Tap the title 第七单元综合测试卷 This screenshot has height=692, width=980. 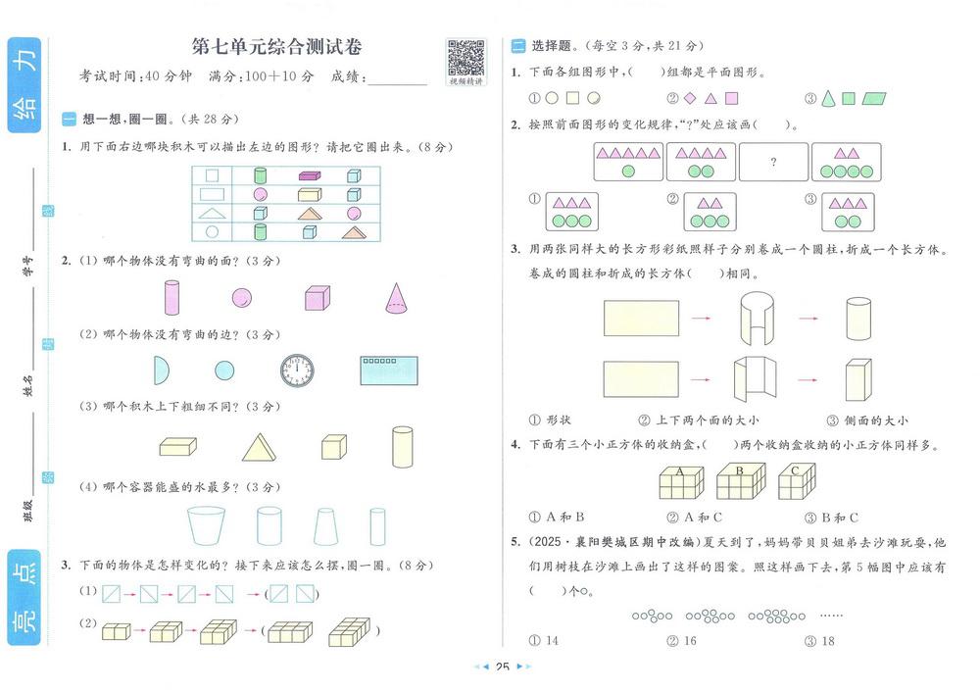point(277,46)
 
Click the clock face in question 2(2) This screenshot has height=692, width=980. point(297,371)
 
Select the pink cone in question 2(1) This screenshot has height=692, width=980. point(396,298)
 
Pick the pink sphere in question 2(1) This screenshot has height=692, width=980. point(242,298)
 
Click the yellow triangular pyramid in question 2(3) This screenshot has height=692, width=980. point(259,448)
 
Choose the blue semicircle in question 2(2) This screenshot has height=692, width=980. point(162,371)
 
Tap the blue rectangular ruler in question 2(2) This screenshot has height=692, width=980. point(389,371)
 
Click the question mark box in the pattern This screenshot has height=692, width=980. point(774,162)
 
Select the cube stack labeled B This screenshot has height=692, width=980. point(741,480)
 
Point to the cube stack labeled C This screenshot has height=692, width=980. point(797,480)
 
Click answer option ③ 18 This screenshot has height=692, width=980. point(820,641)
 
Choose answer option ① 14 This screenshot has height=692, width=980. point(544,641)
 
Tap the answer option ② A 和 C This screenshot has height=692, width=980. point(695,518)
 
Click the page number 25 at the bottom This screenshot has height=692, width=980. point(503,667)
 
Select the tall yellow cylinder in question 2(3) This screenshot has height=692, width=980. point(402,447)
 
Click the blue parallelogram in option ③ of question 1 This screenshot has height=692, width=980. point(874,98)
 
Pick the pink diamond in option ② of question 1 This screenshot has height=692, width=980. point(690,98)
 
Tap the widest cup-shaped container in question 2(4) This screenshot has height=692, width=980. point(206,525)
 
